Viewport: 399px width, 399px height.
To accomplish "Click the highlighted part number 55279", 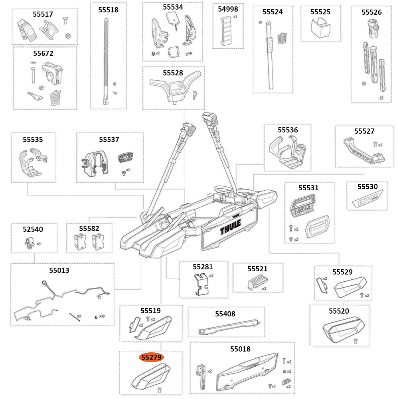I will pyautogui.click(x=151, y=358).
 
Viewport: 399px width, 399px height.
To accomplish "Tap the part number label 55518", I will pyautogui.click(x=109, y=10).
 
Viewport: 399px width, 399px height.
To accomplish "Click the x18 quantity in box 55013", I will pyautogui.click(x=102, y=316).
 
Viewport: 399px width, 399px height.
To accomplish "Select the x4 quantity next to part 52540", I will pyautogui.click(x=39, y=243).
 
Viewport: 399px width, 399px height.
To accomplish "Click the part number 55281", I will pyautogui.click(x=203, y=267).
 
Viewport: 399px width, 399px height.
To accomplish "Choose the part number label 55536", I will pyautogui.click(x=288, y=130).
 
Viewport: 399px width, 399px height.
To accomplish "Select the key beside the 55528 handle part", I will pyautogui.click(x=194, y=94).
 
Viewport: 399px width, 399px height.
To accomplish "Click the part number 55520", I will pyautogui.click(x=339, y=311).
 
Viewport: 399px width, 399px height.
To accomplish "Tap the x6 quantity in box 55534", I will pyautogui.click(x=190, y=53).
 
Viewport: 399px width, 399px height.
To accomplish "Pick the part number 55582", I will pyautogui.click(x=89, y=229).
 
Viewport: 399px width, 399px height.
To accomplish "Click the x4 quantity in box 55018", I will pyautogui.click(x=274, y=386).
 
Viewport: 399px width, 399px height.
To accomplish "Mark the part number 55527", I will pyautogui.click(x=364, y=131).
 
